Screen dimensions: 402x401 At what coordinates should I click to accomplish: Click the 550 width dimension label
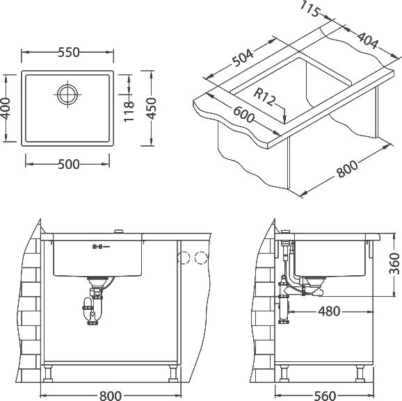pos(69,52)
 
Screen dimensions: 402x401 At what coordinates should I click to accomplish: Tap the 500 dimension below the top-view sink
pos(69,164)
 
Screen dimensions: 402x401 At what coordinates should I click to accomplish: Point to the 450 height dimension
pos(151,108)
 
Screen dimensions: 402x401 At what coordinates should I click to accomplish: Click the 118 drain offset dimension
pos(129,111)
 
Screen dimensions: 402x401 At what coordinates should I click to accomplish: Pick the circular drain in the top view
pos(67,95)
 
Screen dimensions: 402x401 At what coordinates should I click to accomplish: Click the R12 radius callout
pos(264,97)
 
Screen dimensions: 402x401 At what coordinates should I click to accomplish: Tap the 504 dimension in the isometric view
pos(243,58)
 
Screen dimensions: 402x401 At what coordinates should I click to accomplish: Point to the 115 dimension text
pos(310,9)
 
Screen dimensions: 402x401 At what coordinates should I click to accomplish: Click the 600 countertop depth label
pos(244,115)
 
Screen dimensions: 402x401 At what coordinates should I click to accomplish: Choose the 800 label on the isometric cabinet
pos(347,169)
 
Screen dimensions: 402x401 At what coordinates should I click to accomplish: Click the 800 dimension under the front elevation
pos(111,395)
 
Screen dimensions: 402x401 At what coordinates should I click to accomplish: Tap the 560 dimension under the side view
pos(325,395)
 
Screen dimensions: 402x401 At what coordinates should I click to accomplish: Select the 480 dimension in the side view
pos(329,311)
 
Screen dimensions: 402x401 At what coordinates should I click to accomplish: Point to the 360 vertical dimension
pos(394,263)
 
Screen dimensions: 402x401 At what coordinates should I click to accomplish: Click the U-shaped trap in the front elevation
pos(92,310)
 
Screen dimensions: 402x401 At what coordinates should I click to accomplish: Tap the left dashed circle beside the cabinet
pos(184,258)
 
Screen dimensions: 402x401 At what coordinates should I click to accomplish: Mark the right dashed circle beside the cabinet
pos(201,258)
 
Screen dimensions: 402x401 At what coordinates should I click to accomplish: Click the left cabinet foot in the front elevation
pos(48,374)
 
